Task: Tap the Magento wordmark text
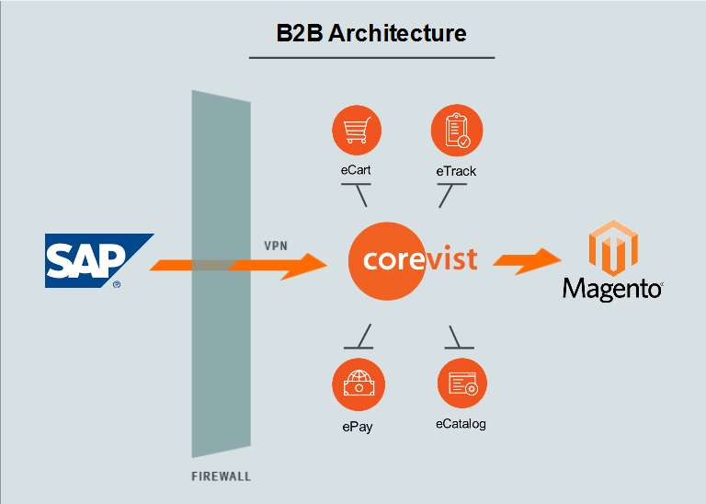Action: pos(613,288)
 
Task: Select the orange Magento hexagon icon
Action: pos(613,247)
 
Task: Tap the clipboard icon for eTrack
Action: pos(456,131)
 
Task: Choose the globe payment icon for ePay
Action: pos(356,385)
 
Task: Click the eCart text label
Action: pos(355,169)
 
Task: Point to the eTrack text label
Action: pos(456,171)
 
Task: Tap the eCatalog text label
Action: pos(461,424)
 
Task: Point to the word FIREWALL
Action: pos(221,476)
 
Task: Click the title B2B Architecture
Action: pos(371,34)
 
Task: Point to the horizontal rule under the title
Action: pos(371,58)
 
